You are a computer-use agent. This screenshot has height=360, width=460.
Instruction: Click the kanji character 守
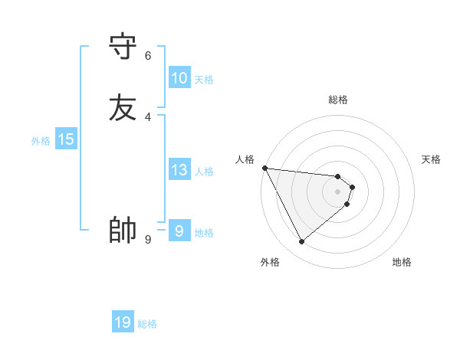click(123, 46)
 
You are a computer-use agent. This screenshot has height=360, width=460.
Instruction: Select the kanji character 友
click(123, 106)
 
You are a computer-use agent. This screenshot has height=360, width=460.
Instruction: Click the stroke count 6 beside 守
click(148, 55)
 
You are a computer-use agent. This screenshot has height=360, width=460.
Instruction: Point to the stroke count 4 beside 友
click(148, 116)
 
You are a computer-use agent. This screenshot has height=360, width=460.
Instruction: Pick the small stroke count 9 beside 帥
click(148, 240)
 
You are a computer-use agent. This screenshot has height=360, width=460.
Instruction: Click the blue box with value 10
click(179, 78)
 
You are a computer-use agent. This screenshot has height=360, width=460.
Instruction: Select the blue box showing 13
click(179, 170)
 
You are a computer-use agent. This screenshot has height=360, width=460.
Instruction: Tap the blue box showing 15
click(66, 139)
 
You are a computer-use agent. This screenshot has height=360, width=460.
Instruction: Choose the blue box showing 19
click(123, 322)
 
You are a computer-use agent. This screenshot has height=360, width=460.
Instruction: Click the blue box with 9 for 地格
click(179, 231)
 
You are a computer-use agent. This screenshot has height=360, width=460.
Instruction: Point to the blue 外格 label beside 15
click(41, 141)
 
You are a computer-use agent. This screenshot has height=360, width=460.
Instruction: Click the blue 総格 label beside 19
click(147, 324)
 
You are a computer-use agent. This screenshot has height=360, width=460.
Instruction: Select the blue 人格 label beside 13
click(204, 172)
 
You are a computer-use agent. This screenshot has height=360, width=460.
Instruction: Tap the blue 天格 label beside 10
click(204, 80)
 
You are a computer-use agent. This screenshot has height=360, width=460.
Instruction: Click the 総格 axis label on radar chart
click(338, 100)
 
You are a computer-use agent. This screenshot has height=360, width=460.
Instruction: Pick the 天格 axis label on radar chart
click(432, 159)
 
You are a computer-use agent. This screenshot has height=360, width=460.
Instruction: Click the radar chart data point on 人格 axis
click(264, 167)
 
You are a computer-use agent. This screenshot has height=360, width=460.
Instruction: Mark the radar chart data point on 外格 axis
click(301, 242)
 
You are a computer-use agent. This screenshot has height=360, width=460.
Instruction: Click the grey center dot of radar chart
click(338, 191)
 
